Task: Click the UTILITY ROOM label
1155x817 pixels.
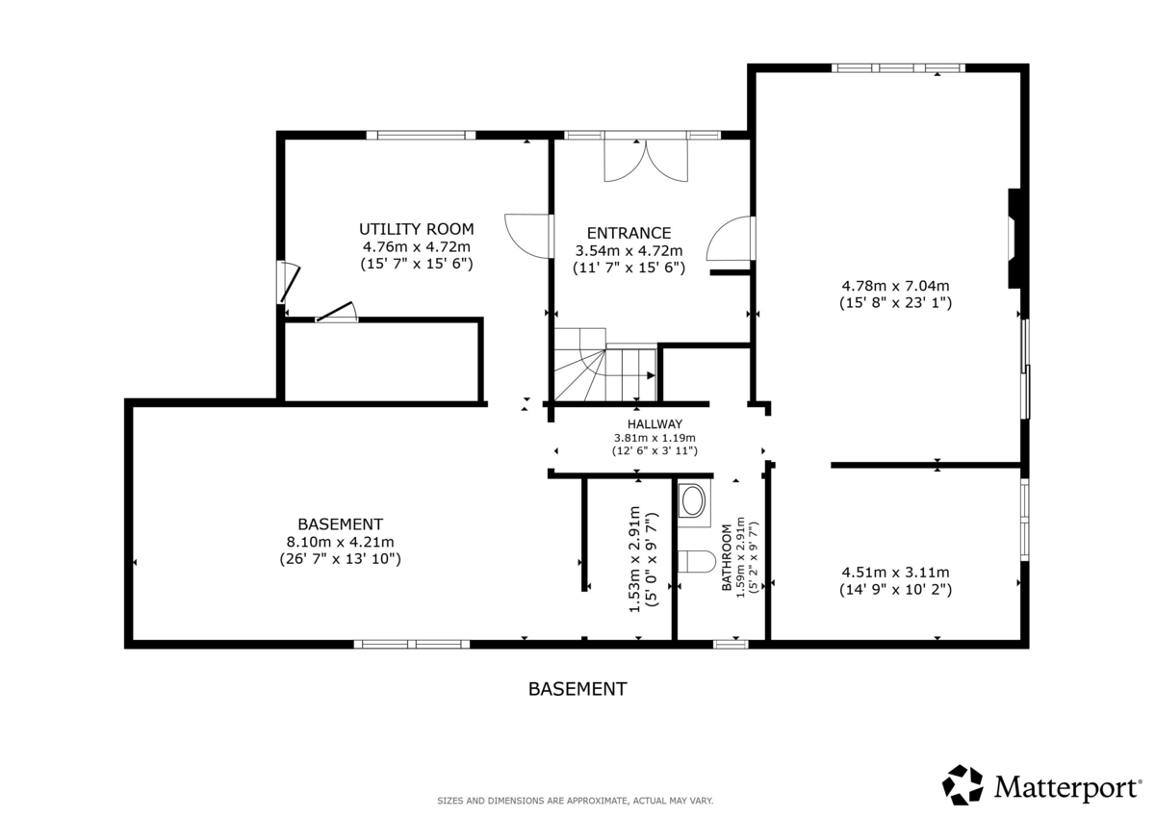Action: coord(416,229)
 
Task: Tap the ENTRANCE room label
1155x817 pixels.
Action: coord(629,233)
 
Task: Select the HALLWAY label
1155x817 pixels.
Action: coord(654,424)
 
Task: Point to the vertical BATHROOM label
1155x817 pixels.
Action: coord(727,557)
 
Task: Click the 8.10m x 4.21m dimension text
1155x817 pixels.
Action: coord(341,542)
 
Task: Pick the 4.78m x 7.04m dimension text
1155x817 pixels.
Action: coord(895,285)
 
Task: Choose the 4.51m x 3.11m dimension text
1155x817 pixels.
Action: coord(895,572)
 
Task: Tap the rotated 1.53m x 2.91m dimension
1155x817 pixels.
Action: coord(634,559)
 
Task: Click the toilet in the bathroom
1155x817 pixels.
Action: coord(696,561)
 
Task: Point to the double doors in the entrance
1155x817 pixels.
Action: coord(646,160)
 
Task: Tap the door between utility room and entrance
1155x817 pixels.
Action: coord(528,236)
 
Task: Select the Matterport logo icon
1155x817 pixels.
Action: coord(962,785)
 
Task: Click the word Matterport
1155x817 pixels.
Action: coord(1067,787)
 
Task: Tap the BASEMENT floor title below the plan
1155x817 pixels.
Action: coord(577,689)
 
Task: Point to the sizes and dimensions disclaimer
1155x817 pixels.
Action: coord(575,801)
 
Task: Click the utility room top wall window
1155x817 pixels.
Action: coord(421,135)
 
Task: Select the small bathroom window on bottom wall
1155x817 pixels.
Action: coord(731,644)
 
